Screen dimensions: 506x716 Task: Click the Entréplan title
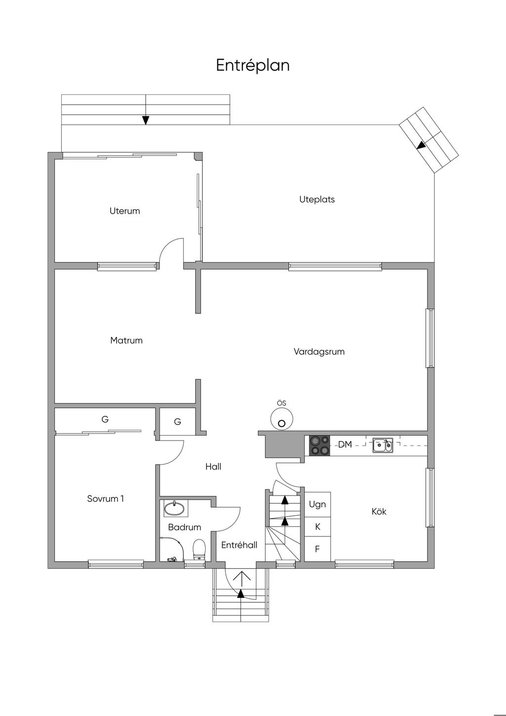[253, 66]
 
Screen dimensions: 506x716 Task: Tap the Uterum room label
[125, 211]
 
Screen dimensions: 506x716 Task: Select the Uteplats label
[317, 200]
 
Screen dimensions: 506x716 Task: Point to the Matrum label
[126, 340]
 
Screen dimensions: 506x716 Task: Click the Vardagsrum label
[319, 352]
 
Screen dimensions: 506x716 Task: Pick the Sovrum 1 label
[105, 498]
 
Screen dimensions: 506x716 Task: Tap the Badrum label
[184, 527]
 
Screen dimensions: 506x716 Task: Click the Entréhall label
[239, 545]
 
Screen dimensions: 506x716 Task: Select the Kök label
[379, 511]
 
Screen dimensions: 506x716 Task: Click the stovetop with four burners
[319, 445]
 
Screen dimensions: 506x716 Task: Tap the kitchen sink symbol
[383, 445]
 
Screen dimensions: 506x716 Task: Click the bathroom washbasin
[175, 508]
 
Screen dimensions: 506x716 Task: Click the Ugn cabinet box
[317, 504]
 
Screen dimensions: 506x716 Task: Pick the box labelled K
[317, 527]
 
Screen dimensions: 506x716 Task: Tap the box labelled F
[317, 549]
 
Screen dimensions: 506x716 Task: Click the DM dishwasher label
[345, 445]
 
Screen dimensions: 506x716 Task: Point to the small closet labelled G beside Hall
[177, 422]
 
